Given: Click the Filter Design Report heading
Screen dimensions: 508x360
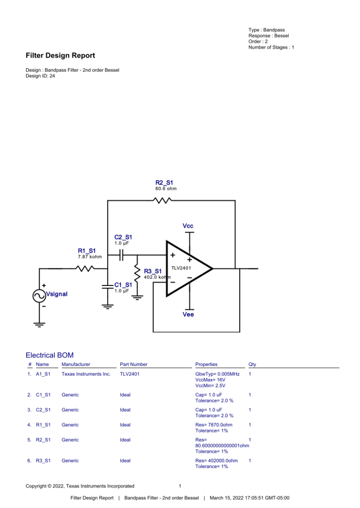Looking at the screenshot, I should coord(60,56).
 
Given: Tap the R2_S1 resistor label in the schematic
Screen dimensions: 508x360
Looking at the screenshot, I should coord(164,183).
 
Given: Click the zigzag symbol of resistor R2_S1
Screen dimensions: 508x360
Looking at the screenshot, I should coord(162,201).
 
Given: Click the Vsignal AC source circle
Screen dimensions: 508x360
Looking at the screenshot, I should coord(40,295).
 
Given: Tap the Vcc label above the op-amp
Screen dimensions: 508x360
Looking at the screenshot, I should coord(188,226).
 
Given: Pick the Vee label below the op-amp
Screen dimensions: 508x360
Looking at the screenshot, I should coord(188,315).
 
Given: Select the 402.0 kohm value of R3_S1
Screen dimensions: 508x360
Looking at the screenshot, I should coord(157,277).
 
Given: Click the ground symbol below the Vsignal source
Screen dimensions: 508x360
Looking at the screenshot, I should coord(40,324).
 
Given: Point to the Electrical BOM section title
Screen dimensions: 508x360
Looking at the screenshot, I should coord(49,355).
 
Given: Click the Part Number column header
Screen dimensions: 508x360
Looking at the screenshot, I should coord(134,364).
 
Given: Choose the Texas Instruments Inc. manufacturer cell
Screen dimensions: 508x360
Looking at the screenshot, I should coord(86,374).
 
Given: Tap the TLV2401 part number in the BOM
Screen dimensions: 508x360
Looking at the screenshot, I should coord(130,374).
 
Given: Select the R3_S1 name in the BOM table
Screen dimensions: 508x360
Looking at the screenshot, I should coord(43,461).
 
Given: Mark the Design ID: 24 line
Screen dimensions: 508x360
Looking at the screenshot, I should coord(40,76).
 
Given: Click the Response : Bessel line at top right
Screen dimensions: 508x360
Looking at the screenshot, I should coord(269,36).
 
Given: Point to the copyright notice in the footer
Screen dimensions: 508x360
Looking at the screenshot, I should coord(80,486).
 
